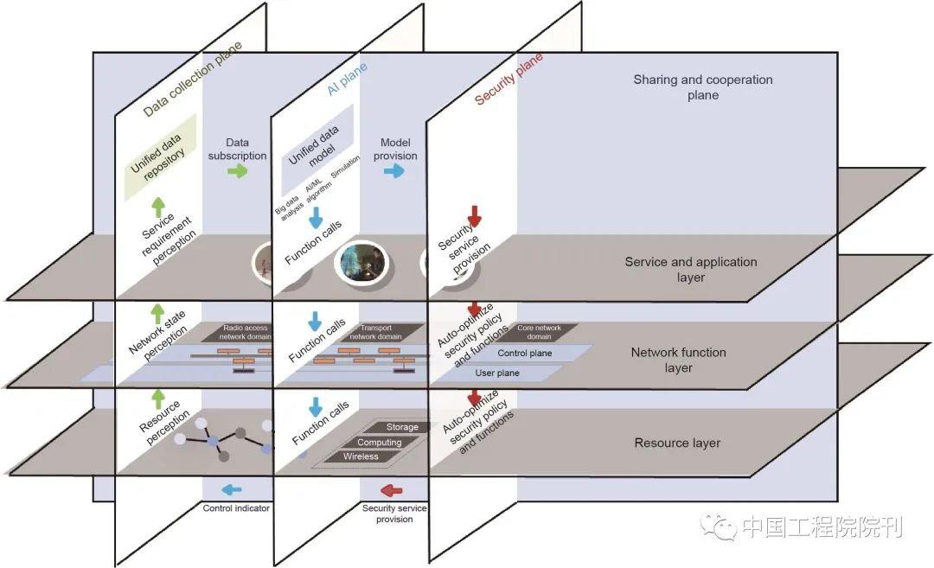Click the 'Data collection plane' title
point(193,79)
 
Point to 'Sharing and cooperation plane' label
point(702,87)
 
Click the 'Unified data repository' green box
point(159,156)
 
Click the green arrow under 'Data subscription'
point(236,171)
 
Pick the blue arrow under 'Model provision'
point(394,171)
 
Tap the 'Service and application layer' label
point(690,270)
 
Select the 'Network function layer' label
point(678,360)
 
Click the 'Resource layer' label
point(677,443)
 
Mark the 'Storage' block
point(400,427)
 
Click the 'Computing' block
point(379,443)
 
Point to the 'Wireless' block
point(361,456)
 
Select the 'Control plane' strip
point(525,354)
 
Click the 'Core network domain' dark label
point(538,333)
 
